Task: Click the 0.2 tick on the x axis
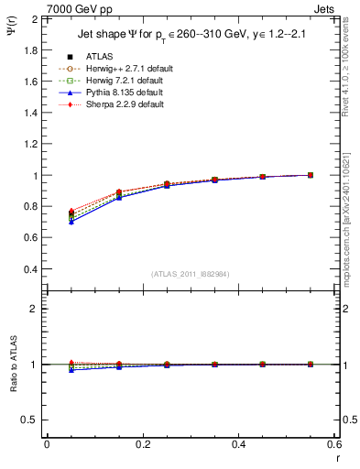pyautogui.click(x=143, y=444)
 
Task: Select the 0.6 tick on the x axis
pyautogui.click(x=334, y=444)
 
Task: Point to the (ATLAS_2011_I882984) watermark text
pyautogui.click(x=191, y=274)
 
